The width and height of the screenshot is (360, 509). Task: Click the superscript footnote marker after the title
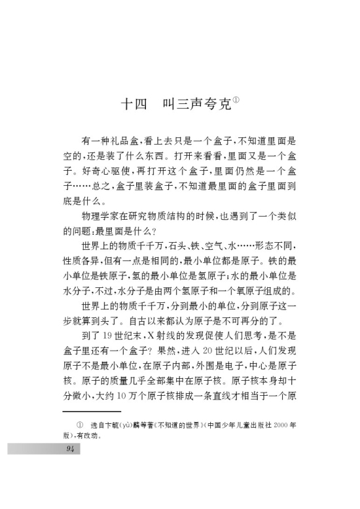click(x=237, y=99)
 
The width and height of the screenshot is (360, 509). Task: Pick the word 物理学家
click(x=105, y=217)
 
